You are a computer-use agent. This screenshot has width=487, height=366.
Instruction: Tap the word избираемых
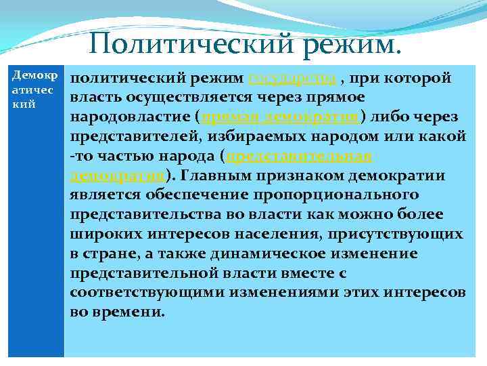point(263,136)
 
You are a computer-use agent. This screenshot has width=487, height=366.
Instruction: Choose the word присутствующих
point(398,235)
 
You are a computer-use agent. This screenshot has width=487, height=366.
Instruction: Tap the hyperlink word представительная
point(301,156)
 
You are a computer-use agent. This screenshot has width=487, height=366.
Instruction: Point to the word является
point(108,195)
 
